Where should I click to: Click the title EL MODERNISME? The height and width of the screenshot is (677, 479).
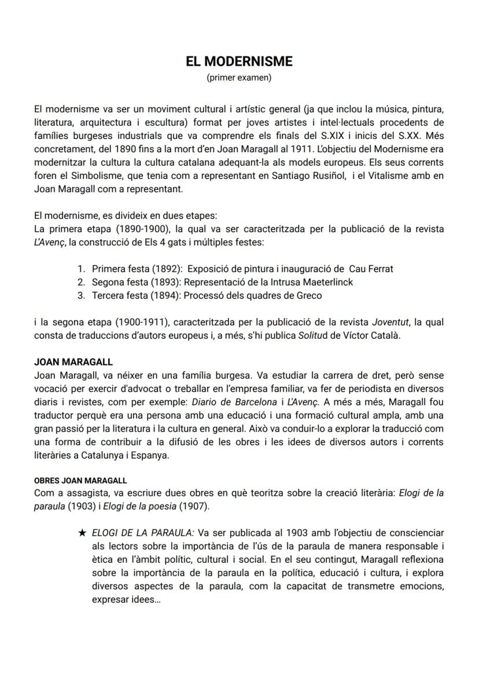(239, 61)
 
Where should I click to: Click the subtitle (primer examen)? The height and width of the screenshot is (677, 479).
(239, 78)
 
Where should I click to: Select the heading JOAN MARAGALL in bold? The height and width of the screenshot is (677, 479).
(73, 362)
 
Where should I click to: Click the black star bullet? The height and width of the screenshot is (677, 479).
(82, 532)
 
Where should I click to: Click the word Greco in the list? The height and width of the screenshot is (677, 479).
(309, 295)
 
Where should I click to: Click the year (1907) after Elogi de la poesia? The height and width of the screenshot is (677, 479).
(194, 507)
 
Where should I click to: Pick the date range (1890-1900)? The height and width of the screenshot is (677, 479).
(138, 229)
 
